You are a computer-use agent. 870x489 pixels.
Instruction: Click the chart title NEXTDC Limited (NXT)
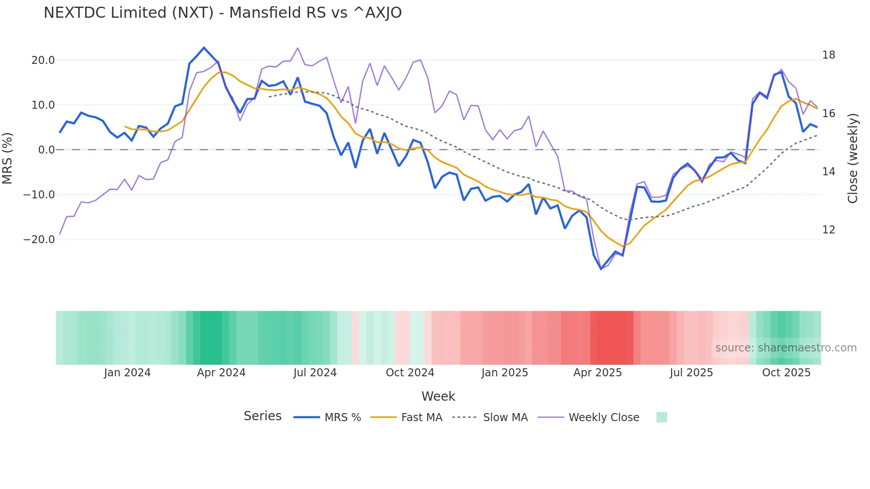pos(222,13)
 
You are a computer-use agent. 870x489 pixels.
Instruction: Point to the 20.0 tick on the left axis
pos(43,60)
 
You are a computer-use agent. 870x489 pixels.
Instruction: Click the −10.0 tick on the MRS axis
pos(39,195)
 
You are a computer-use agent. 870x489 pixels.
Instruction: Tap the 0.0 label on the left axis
pos(46,150)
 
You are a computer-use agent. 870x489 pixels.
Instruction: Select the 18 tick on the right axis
pos(828,55)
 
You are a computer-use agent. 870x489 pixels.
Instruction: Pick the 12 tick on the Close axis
pos(828,230)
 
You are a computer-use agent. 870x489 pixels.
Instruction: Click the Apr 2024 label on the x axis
pos(221,373)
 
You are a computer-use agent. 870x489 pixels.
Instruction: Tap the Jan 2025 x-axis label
pos(505,373)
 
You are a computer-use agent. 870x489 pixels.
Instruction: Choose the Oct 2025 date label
pos(786,373)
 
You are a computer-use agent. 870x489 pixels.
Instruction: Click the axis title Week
pos(438,396)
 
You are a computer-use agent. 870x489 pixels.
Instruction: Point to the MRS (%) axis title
pos(8,158)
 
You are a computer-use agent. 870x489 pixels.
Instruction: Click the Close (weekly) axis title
pos(852,158)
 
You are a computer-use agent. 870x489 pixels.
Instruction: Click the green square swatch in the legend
pos(661,417)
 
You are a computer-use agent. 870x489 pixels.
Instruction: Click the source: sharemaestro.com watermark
pos(786,348)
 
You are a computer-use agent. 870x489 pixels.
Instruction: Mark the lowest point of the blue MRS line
pos(601,269)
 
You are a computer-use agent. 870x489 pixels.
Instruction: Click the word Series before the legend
pos(262,416)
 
